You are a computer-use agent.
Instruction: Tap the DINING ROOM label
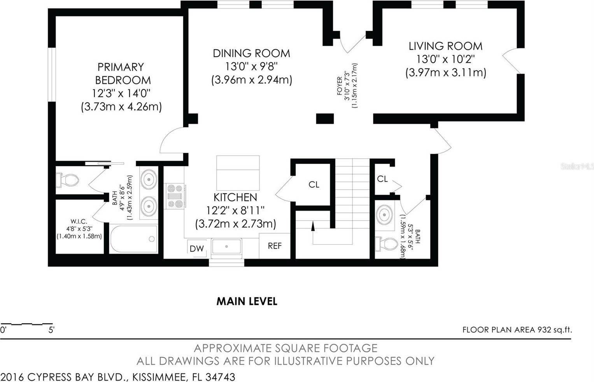tap(251, 53)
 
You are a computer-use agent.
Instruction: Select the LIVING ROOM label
tap(445, 46)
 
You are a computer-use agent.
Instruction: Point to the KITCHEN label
tap(235, 197)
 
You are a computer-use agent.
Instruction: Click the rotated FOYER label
tap(340, 86)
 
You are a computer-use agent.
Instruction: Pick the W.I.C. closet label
tap(79, 221)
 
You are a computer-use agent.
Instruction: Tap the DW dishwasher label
tap(197, 249)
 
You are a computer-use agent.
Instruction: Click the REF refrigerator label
tap(275, 246)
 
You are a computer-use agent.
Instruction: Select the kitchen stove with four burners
tap(175, 196)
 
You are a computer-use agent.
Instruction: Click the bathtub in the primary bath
tap(134, 239)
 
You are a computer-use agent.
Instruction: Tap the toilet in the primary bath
tap(68, 180)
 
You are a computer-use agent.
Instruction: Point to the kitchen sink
tap(226, 247)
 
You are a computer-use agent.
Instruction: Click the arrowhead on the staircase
tap(313, 226)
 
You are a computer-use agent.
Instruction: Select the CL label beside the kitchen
tap(314, 184)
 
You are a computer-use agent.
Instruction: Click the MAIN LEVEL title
tap(247, 301)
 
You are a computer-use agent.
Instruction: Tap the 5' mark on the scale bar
tap(51, 330)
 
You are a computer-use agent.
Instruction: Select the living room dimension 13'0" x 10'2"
tap(445, 59)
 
